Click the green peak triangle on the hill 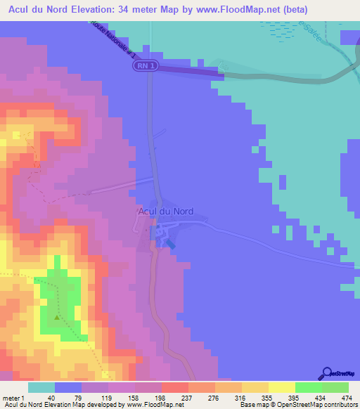pyautogui.click(x=57, y=318)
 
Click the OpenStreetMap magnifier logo pyautogui.click(x=328, y=373)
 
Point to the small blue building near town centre pyautogui.click(x=169, y=243)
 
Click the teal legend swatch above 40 pyautogui.click(x=41, y=387)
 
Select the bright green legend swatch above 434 pyautogui.click(x=309, y=387)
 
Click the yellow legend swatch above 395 pyautogui.click(x=282, y=387)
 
